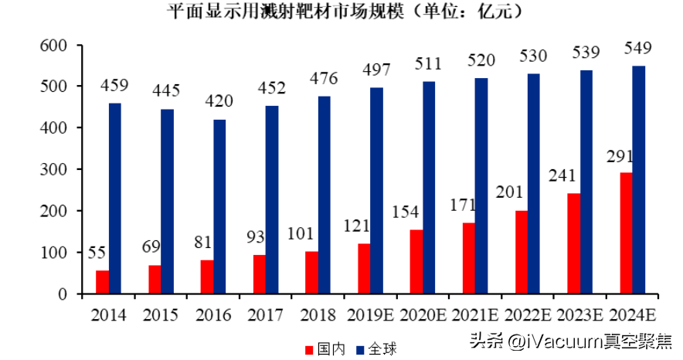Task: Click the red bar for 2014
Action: (x=102, y=282)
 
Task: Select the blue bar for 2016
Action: (x=219, y=206)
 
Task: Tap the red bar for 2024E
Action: (x=627, y=233)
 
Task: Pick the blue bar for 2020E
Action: (x=429, y=188)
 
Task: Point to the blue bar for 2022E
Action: (x=534, y=183)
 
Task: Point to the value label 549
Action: (x=637, y=49)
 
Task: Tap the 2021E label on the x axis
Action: (x=474, y=314)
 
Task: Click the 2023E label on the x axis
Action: (x=580, y=314)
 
